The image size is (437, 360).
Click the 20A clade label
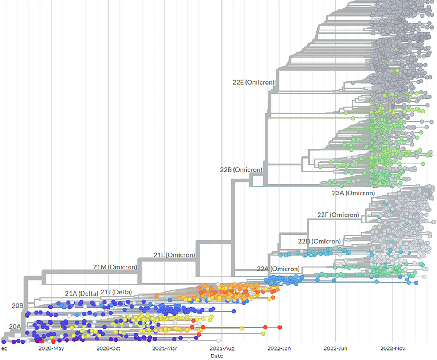coord(15,326)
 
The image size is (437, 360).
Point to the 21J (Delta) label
coord(116,292)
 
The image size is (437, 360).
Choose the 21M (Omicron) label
coord(115,267)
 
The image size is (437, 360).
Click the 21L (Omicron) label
coord(174,255)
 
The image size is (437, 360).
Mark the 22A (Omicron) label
coord(278,269)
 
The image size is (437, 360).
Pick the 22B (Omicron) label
coord(241,169)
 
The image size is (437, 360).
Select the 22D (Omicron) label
coord(319,241)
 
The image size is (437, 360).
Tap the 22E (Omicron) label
coord(253,82)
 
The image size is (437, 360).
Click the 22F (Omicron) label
coord(338,215)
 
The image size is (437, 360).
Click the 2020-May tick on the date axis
coord(51,348)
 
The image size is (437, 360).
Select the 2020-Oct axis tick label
coord(108,348)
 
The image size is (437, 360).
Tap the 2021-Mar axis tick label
coord(165,348)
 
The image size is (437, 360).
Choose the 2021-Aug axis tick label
coord(222,348)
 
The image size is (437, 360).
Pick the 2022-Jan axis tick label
coord(279,348)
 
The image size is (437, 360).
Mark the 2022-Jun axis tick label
coord(336,348)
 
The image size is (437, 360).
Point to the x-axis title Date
coord(217,356)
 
